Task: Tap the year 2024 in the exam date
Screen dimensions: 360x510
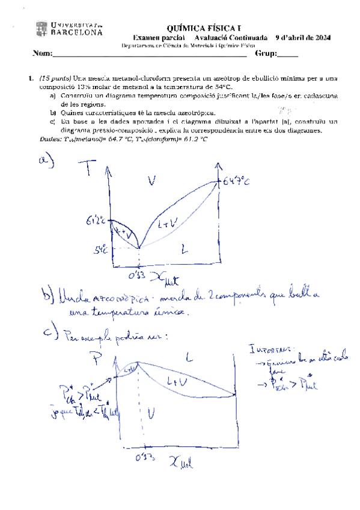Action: point(322,38)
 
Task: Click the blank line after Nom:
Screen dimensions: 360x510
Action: point(150,55)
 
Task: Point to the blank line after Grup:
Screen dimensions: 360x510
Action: point(287,55)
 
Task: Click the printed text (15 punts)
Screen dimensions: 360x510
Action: point(54,78)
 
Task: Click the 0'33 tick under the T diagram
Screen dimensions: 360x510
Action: point(138,276)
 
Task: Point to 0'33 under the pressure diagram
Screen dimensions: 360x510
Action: point(142,458)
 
